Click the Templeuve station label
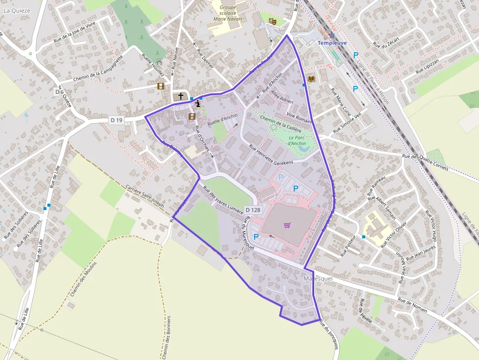332,43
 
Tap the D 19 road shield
115,120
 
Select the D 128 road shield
253,210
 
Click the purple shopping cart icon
287,225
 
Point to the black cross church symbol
181,96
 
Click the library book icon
311,79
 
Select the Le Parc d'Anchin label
297,140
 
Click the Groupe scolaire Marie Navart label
228,13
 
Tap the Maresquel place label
318,278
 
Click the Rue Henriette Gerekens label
271,154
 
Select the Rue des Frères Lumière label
226,198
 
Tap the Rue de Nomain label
413,305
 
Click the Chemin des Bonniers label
166,337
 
